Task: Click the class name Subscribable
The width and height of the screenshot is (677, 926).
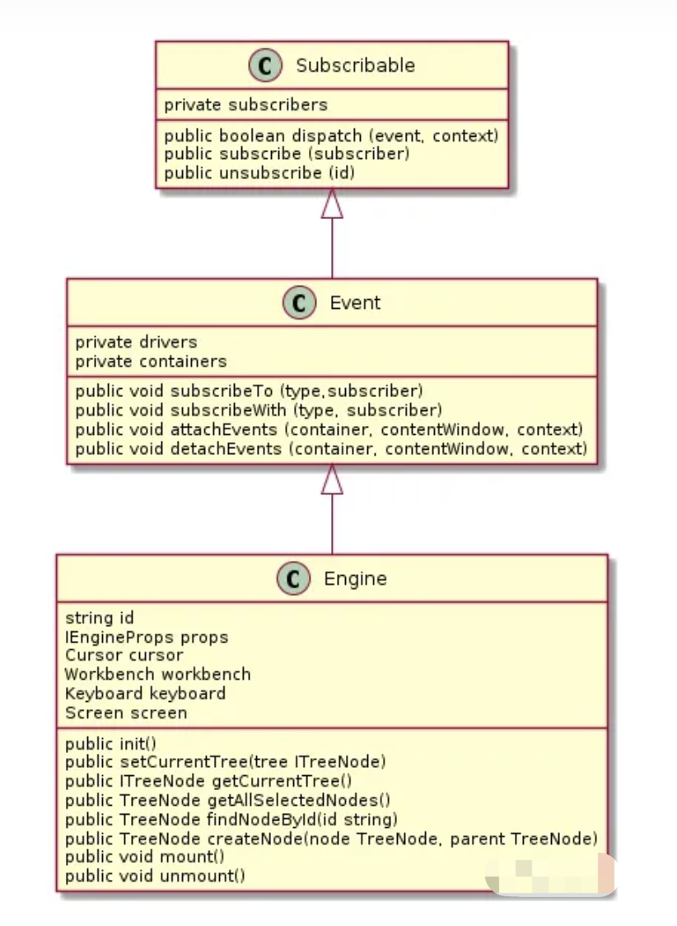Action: pyautogui.click(x=355, y=66)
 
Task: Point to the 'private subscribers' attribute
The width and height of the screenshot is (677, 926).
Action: pyautogui.click(x=245, y=105)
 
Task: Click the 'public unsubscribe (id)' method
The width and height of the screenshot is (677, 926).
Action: pyautogui.click(x=259, y=173)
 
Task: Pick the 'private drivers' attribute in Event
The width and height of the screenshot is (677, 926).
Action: pyautogui.click(x=136, y=342)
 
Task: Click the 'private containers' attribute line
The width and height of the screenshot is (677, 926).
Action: pyautogui.click(x=151, y=362)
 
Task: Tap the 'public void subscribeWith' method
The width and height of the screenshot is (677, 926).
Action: pyautogui.click(x=259, y=410)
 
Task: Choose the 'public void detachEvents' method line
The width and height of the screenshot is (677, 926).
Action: pyautogui.click(x=330, y=449)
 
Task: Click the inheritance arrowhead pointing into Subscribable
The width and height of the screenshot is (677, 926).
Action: pyautogui.click(x=332, y=203)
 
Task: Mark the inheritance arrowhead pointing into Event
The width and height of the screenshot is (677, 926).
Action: pyautogui.click(x=332, y=479)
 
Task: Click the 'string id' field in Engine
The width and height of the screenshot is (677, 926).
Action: pyautogui.click(x=99, y=618)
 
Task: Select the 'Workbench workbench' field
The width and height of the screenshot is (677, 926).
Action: pyautogui.click(x=157, y=675)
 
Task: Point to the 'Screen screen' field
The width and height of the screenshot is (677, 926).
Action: pyautogui.click(x=126, y=713)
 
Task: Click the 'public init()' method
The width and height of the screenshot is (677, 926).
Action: pyautogui.click(x=110, y=744)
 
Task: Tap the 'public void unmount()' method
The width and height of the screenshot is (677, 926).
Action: pyautogui.click(x=155, y=876)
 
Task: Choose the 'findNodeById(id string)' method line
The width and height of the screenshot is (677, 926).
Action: pyautogui.click(x=231, y=820)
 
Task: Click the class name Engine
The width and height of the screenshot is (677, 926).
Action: pyautogui.click(x=355, y=579)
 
